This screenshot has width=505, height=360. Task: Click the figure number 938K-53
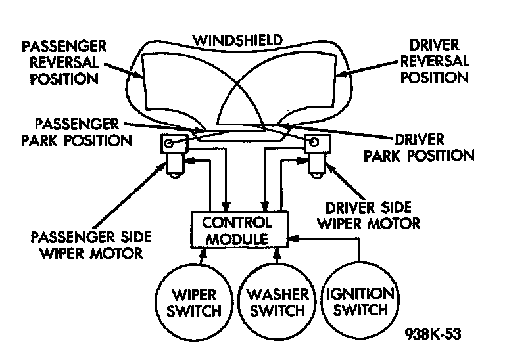pos(431,333)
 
